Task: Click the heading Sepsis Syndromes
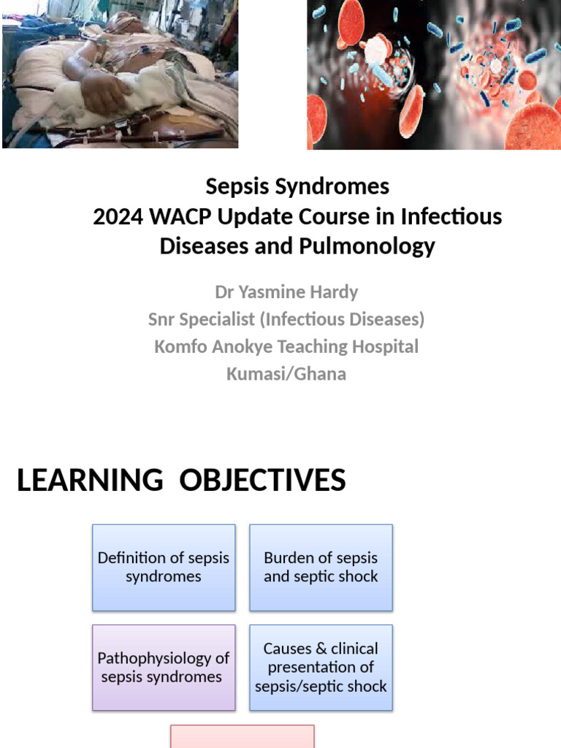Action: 297,186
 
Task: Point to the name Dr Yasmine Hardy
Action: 286,292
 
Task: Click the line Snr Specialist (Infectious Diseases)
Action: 286,319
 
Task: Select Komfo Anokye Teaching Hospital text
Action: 286,346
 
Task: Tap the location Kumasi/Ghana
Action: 286,374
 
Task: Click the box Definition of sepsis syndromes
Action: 164,567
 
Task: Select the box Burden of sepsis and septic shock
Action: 321,567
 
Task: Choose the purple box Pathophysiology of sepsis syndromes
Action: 164,668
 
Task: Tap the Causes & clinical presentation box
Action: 321,668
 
